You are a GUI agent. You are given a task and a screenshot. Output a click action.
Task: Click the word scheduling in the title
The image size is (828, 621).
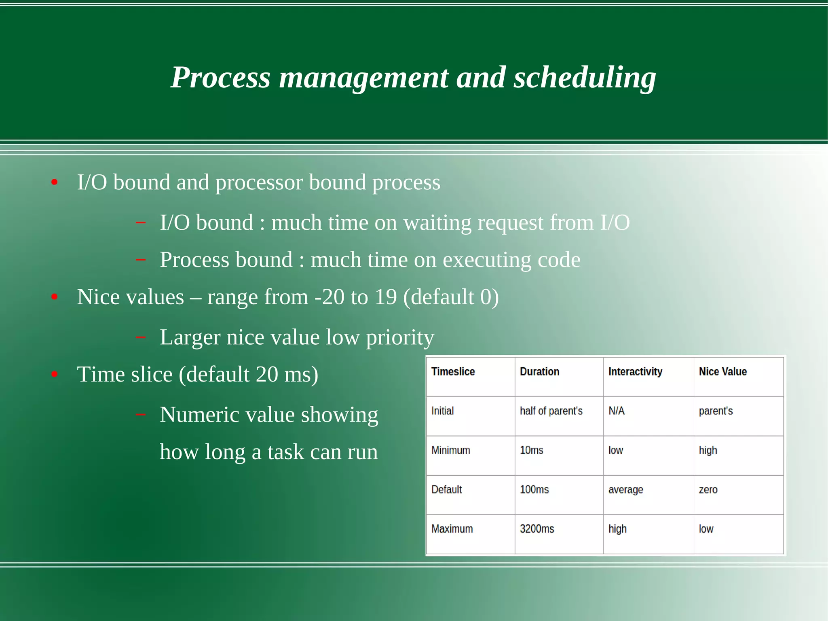tap(585, 78)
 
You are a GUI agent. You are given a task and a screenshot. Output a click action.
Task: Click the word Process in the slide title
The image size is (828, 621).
tap(221, 78)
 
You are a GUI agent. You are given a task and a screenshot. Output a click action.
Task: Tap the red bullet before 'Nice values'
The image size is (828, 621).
tap(55, 297)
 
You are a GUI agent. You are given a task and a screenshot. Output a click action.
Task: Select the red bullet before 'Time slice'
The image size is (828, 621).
tap(55, 375)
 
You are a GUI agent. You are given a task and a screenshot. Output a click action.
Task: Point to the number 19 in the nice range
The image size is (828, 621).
tap(386, 297)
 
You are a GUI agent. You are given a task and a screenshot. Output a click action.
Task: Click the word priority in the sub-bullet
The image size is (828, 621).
tap(400, 337)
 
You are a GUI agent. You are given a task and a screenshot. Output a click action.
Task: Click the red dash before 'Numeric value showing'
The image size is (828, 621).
tap(140, 414)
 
